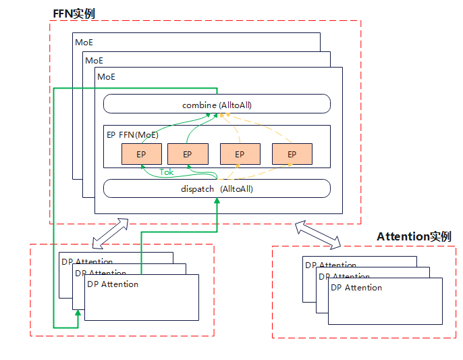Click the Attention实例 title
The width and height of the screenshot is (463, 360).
pyautogui.click(x=414, y=236)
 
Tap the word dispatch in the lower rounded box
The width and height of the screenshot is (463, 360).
pyautogui.click(x=197, y=188)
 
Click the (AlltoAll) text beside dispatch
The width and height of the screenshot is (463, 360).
pyautogui.click(x=236, y=188)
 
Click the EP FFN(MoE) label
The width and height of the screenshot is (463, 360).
pyautogui.click(x=133, y=134)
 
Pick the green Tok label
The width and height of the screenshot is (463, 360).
pyautogui.click(x=167, y=172)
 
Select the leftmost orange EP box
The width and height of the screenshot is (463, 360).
pyautogui.click(x=141, y=154)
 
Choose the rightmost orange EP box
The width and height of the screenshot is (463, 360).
pyautogui.click(x=292, y=154)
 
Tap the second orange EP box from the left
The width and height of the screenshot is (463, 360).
pyautogui.click(x=187, y=154)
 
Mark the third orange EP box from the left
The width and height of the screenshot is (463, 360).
pyautogui.click(x=240, y=154)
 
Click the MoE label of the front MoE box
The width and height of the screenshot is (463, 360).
pyautogui.click(x=107, y=77)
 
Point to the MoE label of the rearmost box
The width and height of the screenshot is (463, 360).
pyautogui.click(x=84, y=43)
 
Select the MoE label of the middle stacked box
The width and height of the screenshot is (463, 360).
pyautogui.click(x=94, y=60)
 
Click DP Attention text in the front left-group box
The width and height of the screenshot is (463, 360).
pyautogui.click(x=113, y=284)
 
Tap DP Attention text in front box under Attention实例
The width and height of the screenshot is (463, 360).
pyautogui.click(x=356, y=288)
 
